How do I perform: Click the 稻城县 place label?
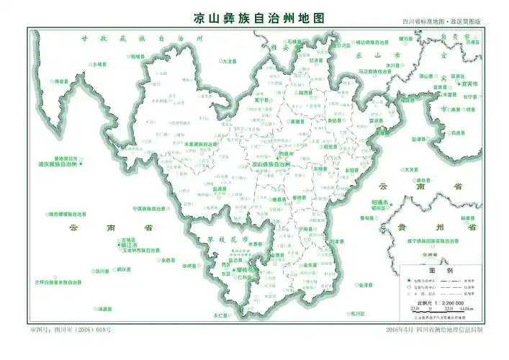pos(138,56)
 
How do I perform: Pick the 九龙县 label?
pos(229,62)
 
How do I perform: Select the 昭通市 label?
pos(380,202)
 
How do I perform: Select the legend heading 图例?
pos(440,270)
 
